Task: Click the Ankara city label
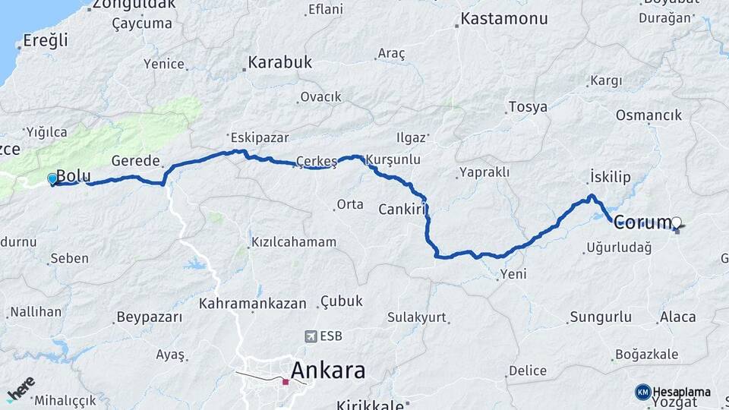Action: tap(328, 371)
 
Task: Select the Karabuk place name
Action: tap(280, 63)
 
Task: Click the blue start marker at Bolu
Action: tap(52, 178)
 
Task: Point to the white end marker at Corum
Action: tap(676, 222)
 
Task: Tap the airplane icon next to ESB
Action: tap(311, 336)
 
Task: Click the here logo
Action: tap(21, 388)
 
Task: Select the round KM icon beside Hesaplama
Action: tap(643, 392)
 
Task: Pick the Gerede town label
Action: tap(135, 161)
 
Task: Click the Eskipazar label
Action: tap(256, 138)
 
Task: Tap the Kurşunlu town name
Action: tap(393, 160)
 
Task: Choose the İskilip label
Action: tap(611, 177)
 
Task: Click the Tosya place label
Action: tap(528, 107)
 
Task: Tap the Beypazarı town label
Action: tap(149, 317)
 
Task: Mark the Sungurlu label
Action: tap(600, 316)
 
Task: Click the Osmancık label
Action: tap(649, 115)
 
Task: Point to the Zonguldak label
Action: tap(134, 4)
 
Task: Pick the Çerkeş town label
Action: tap(317, 160)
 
